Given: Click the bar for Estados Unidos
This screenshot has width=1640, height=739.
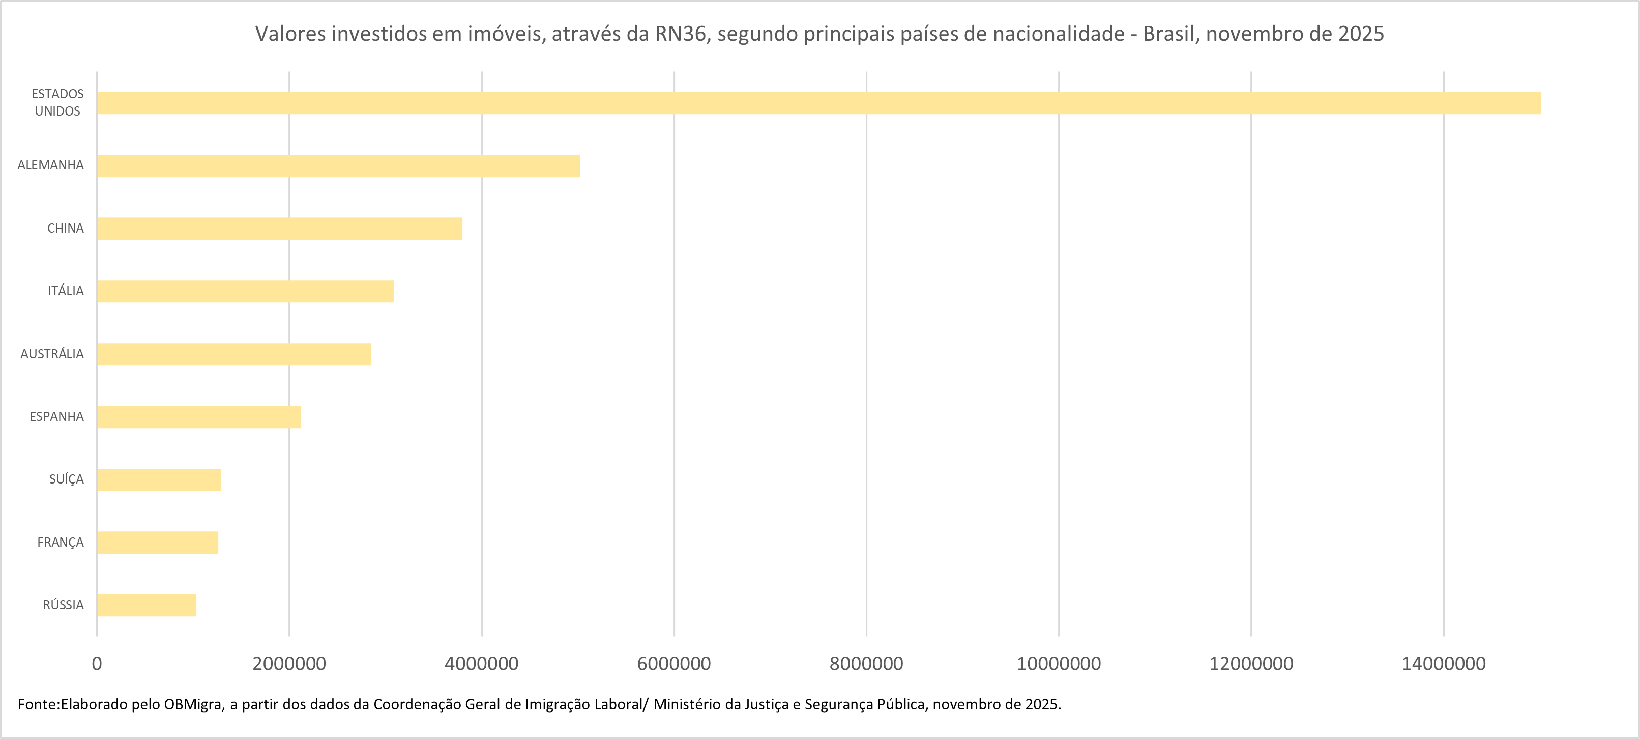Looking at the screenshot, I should point(818,103).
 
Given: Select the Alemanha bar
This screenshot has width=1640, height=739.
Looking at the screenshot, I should point(338,165).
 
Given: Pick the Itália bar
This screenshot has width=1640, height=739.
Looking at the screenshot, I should point(245,291).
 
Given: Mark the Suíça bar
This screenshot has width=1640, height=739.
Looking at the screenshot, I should point(159,480).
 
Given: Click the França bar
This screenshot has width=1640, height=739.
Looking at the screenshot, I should point(157,542).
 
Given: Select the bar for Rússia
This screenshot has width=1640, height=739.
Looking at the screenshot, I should point(147,605).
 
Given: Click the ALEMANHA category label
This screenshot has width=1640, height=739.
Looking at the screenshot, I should point(50,165).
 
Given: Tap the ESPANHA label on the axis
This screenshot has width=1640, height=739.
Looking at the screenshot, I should point(56,417).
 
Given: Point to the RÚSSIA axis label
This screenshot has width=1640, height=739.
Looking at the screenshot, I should point(63,605).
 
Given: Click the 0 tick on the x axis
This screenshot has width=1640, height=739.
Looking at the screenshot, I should point(97,664).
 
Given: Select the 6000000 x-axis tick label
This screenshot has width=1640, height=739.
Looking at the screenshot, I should point(673,664).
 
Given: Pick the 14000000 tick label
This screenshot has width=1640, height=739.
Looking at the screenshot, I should point(1443,664).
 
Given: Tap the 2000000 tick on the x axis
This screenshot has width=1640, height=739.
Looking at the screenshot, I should point(289,664).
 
